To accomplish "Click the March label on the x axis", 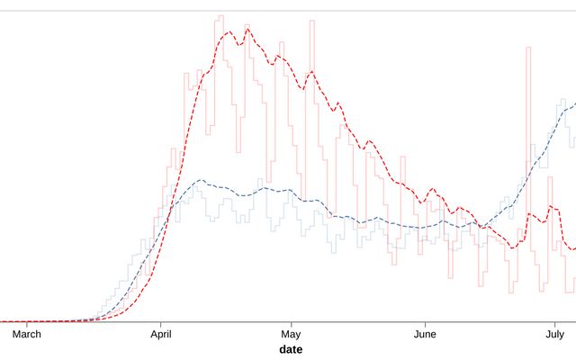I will click(27, 334).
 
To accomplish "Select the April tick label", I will click(161, 334).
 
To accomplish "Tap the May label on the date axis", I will click(291, 334).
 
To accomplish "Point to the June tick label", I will click(425, 334).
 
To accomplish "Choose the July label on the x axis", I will click(554, 334).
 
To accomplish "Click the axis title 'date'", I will click(291, 349).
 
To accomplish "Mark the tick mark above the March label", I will click(27, 324).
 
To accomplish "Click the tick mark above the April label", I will click(161, 324).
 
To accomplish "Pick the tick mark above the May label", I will click(291, 324).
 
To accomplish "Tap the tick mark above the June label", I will click(425, 324).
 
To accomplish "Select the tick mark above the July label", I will click(554, 324).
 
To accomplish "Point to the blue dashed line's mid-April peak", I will click(200, 180).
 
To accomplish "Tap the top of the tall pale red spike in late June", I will click(528, 47).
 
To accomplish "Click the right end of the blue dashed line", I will click(575, 101).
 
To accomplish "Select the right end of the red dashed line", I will click(575, 247).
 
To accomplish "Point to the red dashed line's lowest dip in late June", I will click(513, 248).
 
